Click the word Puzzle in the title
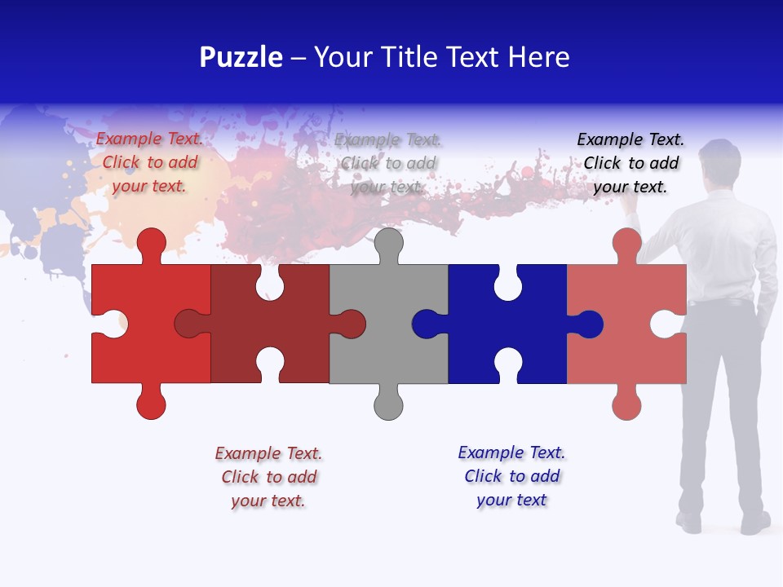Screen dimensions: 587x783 tap(241, 58)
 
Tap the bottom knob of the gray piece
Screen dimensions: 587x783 tap(388, 404)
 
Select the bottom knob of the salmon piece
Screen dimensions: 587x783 tap(626, 404)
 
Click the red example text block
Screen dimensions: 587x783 tap(149, 162)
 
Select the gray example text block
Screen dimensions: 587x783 tap(388, 163)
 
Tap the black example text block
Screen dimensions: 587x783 tap(630, 163)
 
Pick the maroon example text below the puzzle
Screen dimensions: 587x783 tap(268, 477)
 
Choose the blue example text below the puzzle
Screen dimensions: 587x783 tap(511, 476)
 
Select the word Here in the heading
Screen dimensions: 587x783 tap(538, 58)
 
